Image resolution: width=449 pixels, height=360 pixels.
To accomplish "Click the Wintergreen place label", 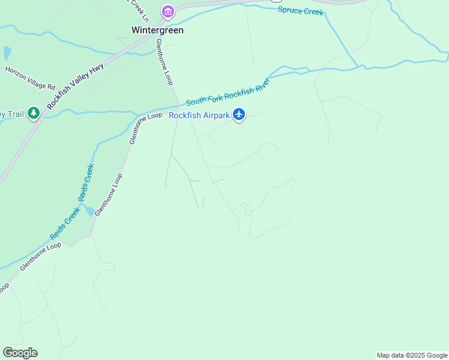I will [x=157, y=29].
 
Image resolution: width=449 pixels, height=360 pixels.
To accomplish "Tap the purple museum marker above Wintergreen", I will [x=167, y=12].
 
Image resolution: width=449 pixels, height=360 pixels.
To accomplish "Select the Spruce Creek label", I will [x=300, y=12].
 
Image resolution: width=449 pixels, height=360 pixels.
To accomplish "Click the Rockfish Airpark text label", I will [x=199, y=116].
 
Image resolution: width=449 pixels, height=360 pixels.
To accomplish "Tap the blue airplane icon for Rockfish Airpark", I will [x=239, y=114].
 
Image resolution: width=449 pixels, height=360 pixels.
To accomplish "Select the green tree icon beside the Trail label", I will [x=34, y=113].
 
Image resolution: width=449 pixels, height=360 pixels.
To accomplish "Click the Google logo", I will [x=20, y=353].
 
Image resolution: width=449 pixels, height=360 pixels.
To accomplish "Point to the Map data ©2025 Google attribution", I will [x=412, y=355].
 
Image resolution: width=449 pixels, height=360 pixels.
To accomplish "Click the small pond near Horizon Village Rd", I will [x=7, y=53].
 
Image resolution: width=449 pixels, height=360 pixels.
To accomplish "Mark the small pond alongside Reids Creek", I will [x=89, y=211].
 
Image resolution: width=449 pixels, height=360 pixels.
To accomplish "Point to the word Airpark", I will [x=215, y=116].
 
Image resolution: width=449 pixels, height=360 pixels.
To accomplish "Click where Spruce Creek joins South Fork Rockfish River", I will [x=359, y=65].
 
